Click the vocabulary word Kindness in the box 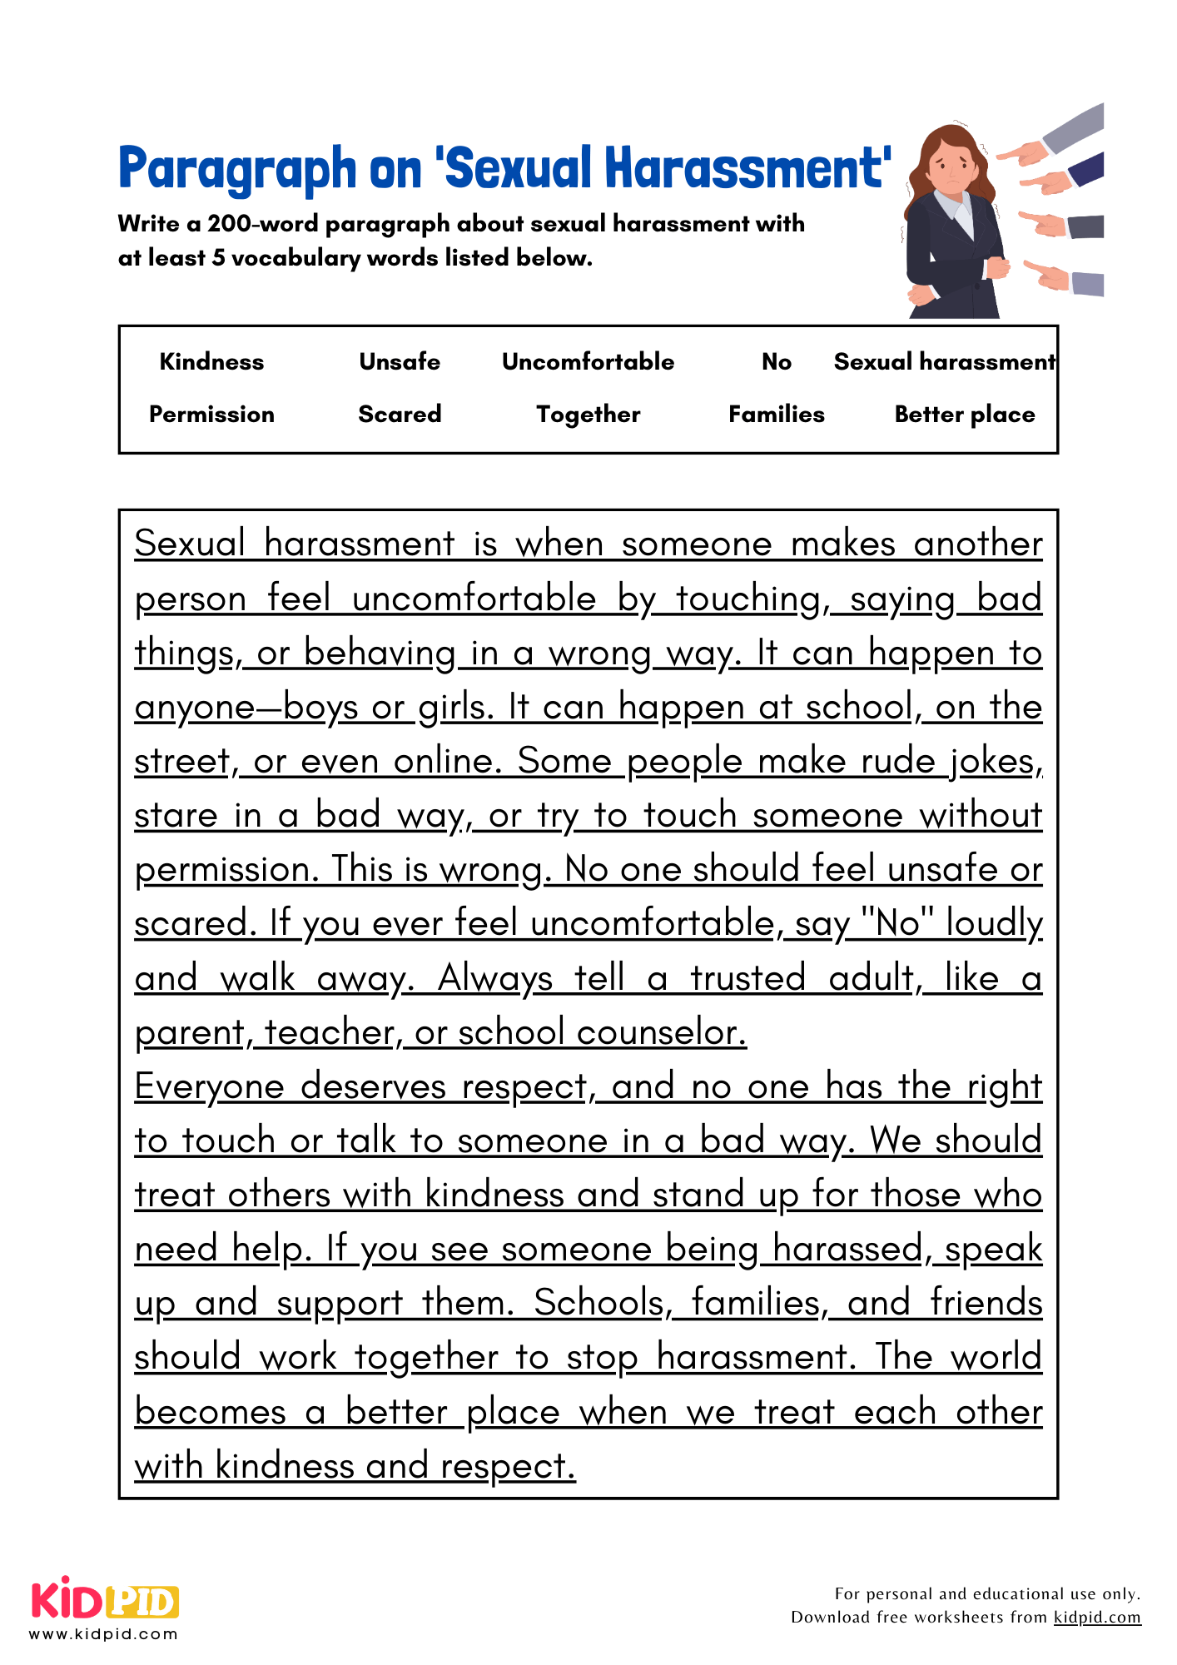tap(211, 362)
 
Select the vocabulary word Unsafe tap(400, 362)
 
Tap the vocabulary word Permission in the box tap(211, 415)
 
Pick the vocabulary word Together tap(588, 415)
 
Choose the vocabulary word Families tap(776, 415)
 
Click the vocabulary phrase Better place tap(964, 415)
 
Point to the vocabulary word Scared tap(400, 415)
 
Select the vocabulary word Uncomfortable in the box tap(588, 362)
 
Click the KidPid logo tap(105, 1600)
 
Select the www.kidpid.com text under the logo tap(103, 1634)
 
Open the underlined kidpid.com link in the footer tap(1097, 1617)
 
